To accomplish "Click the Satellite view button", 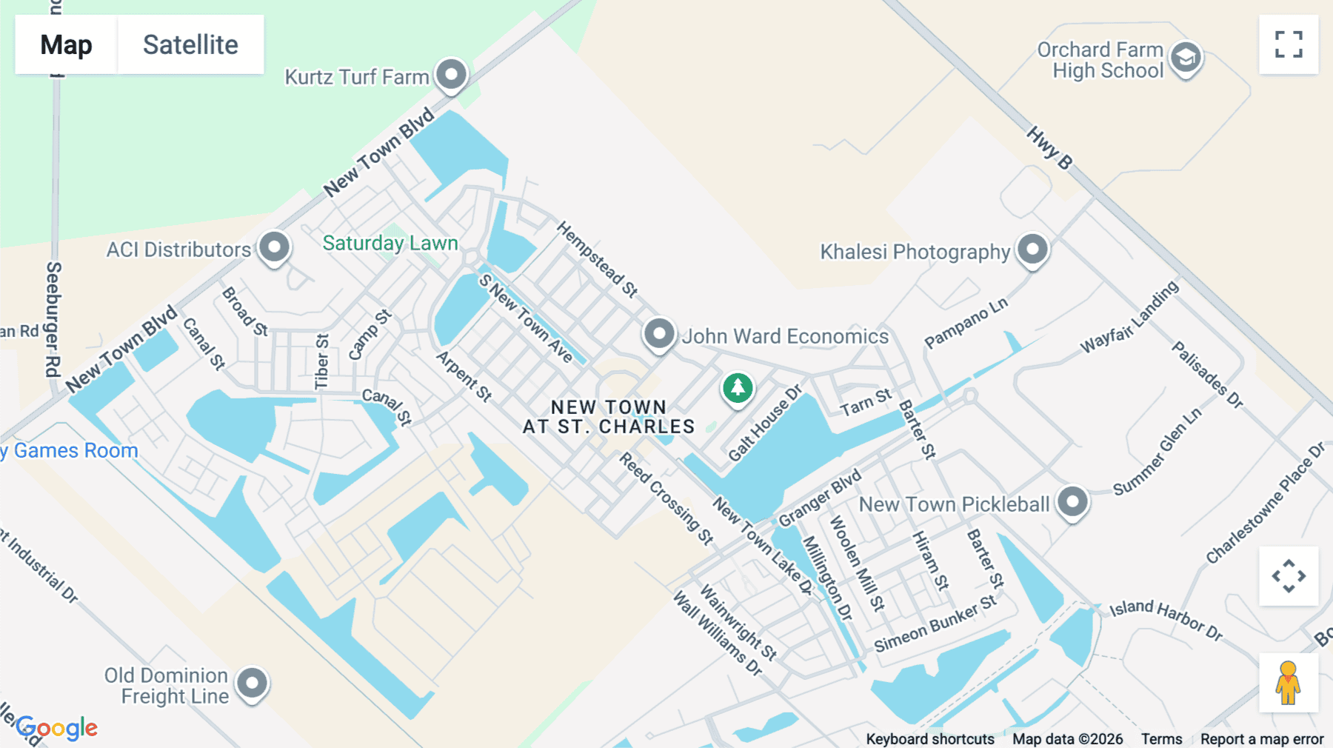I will click(x=190, y=44).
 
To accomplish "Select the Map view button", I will click(x=66, y=44).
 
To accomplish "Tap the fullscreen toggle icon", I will click(x=1289, y=44).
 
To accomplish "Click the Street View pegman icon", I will click(x=1288, y=683).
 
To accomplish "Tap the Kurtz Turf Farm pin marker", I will click(x=451, y=74).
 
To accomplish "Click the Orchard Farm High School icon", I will click(x=1186, y=57).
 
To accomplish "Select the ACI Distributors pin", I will click(x=274, y=247).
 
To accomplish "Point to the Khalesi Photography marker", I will click(x=1032, y=249).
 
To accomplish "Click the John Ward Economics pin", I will click(x=658, y=333).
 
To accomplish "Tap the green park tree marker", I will click(x=738, y=387).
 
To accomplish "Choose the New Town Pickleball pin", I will click(x=1072, y=502).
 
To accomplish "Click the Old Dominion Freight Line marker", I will click(x=252, y=683).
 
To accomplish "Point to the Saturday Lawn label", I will click(x=390, y=243).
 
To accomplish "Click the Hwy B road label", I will click(x=1049, y=147).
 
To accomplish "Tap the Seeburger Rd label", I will click(x=53, y=318).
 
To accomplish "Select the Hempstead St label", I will click(x=597, y=258).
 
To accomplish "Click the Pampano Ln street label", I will click(x=966, y=323).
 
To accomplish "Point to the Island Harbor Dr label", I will click(x=1166, y=619).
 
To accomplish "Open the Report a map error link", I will click(x=1262, y=739).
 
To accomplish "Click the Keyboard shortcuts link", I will click(x=930, y=739).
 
